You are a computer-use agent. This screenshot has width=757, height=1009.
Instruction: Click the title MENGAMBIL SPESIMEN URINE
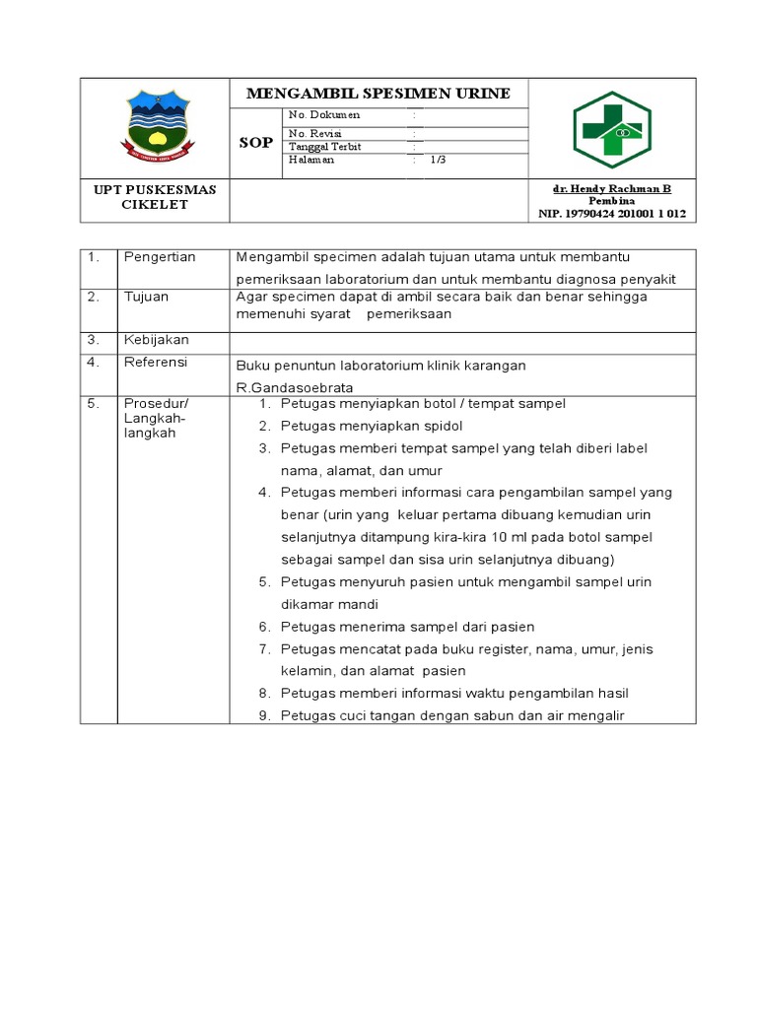(378, 94)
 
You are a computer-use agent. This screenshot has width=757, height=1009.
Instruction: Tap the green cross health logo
(612, 129)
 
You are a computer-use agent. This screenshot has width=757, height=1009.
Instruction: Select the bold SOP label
(255, 143)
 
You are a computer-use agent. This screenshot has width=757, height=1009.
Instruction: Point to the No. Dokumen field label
(324, 115)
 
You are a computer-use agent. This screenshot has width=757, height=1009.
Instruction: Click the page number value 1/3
(438, 160)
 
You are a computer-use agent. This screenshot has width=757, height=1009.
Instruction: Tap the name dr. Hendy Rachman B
(612, 188)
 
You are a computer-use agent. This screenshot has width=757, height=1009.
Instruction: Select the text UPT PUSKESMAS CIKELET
(155, 196)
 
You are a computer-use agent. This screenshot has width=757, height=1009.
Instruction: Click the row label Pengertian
(160, 257)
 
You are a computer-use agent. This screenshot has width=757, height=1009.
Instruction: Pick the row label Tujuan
(146, 297)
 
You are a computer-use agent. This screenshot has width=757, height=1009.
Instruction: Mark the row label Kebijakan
(156, 340)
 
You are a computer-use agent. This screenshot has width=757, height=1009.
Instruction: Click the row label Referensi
(155, 363)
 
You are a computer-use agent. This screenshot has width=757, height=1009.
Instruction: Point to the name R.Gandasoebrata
(294, 388)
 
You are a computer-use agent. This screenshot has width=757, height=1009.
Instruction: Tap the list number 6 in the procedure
(264, 627)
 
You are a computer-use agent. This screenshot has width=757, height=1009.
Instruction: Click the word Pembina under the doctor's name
(611, 200)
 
